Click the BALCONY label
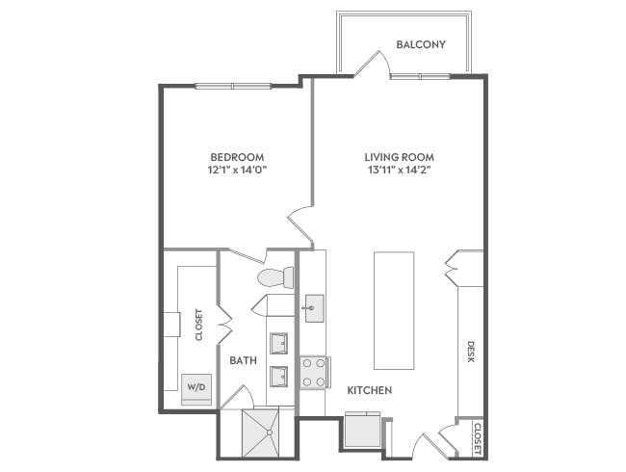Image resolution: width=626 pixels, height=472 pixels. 421,44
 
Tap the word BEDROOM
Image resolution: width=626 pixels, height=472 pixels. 237,157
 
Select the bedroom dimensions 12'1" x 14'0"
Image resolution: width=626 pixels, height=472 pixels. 237,170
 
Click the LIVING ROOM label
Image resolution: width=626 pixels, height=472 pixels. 399,157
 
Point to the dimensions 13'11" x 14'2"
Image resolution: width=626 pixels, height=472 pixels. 399,170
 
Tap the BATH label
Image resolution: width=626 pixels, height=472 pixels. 243,360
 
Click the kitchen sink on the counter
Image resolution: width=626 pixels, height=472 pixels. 314,310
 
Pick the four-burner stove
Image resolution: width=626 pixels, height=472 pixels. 314,372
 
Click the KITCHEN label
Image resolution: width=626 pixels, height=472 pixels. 369,390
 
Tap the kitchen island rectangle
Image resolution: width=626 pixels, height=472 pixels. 393,310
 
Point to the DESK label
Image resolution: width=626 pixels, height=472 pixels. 471,352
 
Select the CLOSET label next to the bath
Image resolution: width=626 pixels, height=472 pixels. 199,326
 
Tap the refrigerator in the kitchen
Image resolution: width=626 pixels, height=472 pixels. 361,430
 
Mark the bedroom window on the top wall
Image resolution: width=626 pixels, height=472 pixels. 231,86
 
